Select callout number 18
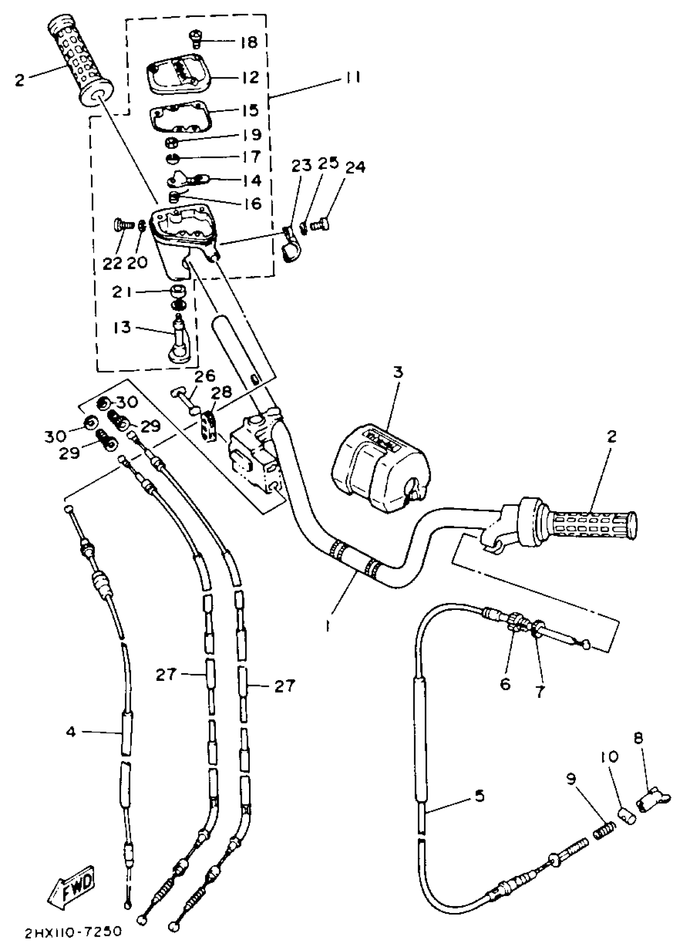(250, 42)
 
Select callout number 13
(122, 327)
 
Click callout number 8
(638, 738)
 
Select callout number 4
(71, 743)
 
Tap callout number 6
(505, 684)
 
